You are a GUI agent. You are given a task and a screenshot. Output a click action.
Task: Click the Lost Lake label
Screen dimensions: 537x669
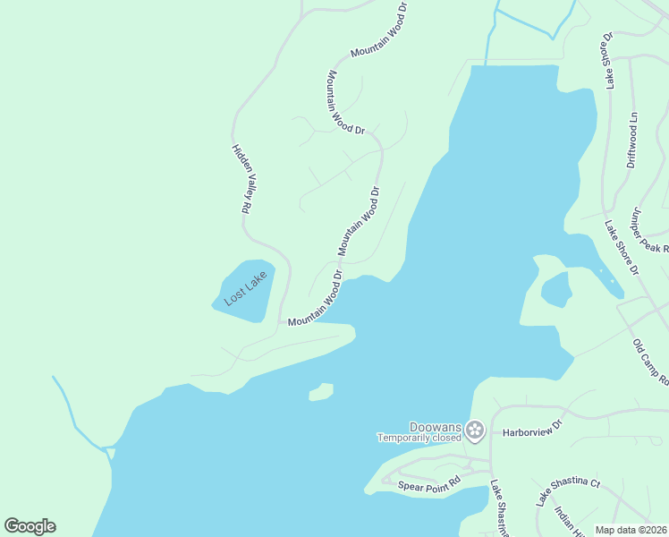(x=245, y=290)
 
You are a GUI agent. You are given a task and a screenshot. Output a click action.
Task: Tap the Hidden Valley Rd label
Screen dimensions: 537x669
(x=240, y=178)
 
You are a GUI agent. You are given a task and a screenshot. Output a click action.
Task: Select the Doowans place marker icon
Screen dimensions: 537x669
(x=475, y=431)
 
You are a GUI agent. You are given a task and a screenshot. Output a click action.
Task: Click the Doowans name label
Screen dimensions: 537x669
(x=435, y=427)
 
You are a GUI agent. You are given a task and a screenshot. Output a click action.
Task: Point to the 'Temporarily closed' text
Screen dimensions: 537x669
(x=419, y=438)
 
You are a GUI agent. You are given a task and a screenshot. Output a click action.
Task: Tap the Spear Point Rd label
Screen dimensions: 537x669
(x=428, y=483)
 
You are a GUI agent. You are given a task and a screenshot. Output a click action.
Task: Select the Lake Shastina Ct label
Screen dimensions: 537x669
(x=568, y=490)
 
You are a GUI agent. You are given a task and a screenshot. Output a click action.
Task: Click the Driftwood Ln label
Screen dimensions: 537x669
(x=631, y=141)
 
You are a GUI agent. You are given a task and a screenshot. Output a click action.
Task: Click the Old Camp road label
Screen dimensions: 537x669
(x=650, y=362)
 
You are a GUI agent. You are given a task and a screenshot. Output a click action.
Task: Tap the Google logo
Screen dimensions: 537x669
(x=30, y=526)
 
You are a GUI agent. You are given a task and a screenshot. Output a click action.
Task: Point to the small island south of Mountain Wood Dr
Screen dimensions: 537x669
(x=321, y=392)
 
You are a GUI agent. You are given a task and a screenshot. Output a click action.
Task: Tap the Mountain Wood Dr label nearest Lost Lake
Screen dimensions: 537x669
(x=315, y=298)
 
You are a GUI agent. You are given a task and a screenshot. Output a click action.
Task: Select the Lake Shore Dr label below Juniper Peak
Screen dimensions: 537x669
(x=622, y=248)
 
